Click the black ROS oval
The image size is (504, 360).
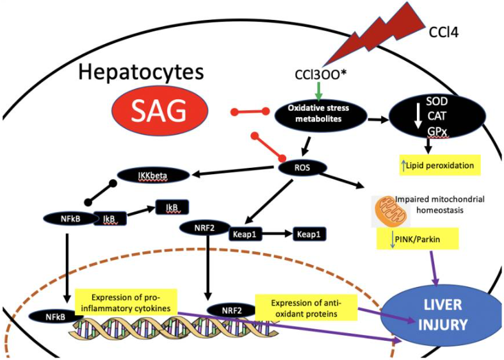tap(304, 168)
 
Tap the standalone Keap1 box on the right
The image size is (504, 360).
tap(310, 234)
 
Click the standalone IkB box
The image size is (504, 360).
tap(171, 207)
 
